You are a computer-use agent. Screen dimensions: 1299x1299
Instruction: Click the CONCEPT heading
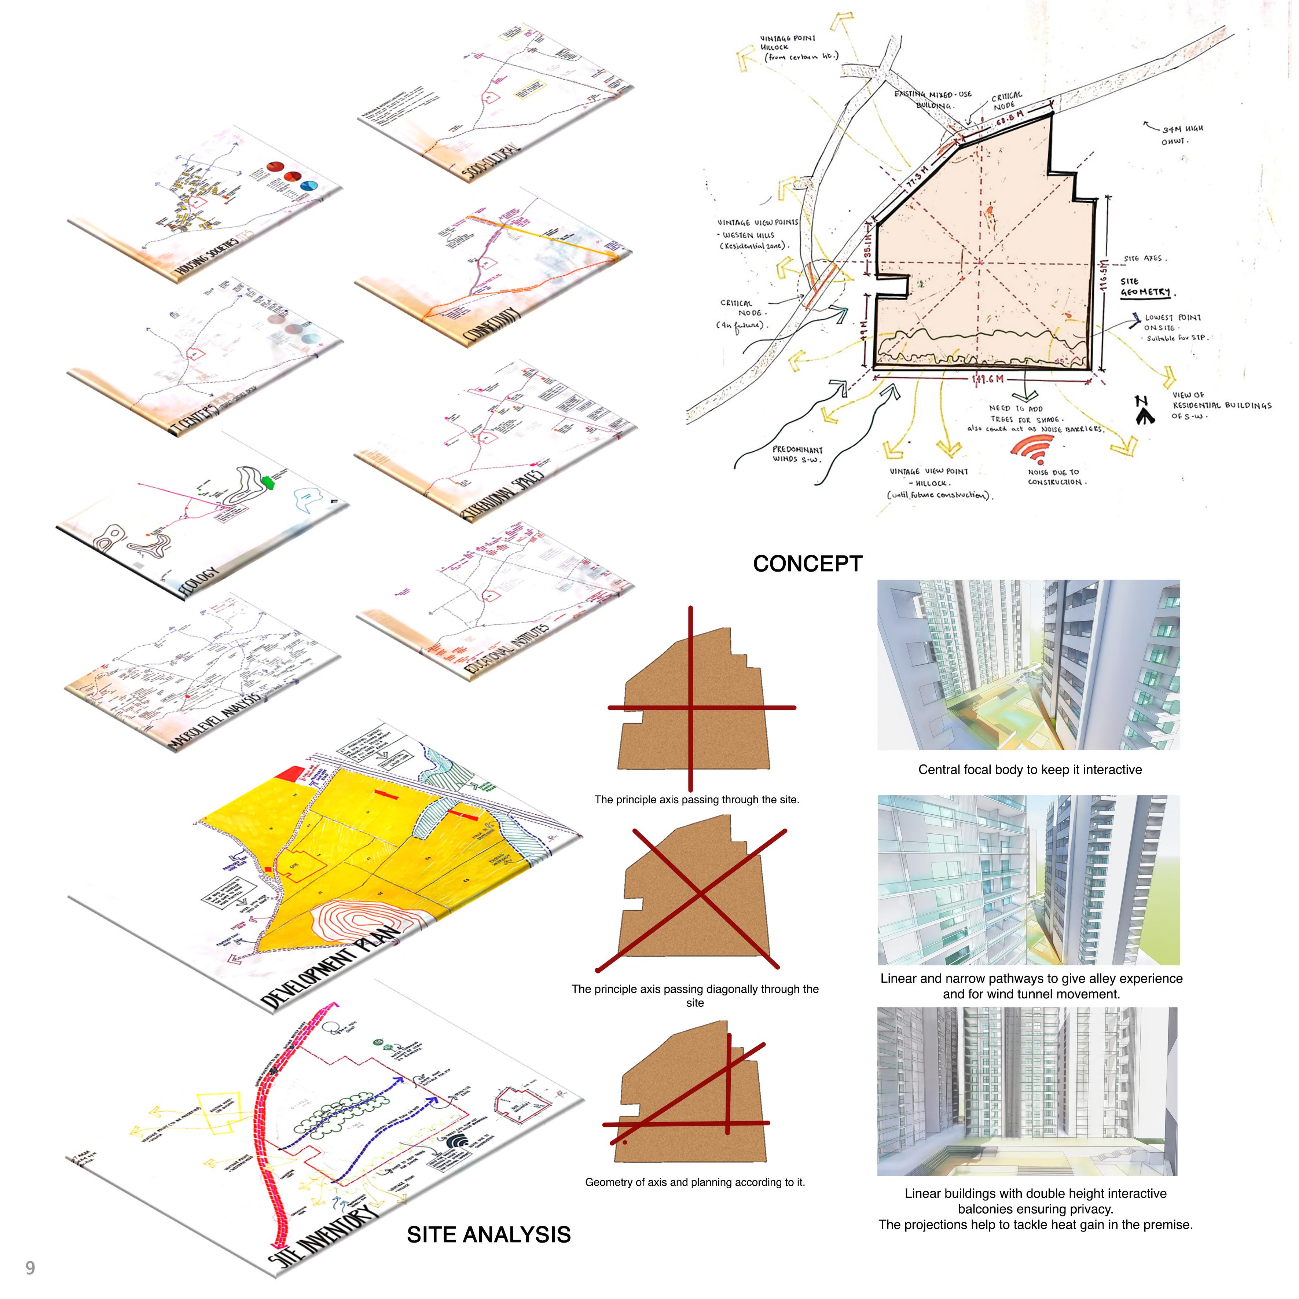click(x=807, y=564)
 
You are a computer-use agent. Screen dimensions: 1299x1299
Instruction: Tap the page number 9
click(x=30, y=1267)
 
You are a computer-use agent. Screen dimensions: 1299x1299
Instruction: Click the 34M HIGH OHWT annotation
click(x=1182, y=135)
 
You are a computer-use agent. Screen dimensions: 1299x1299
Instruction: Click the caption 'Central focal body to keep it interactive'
click(x=1030, y=770)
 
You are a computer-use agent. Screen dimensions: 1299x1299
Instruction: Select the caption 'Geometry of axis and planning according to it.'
click(x=694, y=1182)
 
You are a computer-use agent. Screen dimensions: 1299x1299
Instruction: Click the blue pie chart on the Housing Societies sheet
click(x=310, y=186)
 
